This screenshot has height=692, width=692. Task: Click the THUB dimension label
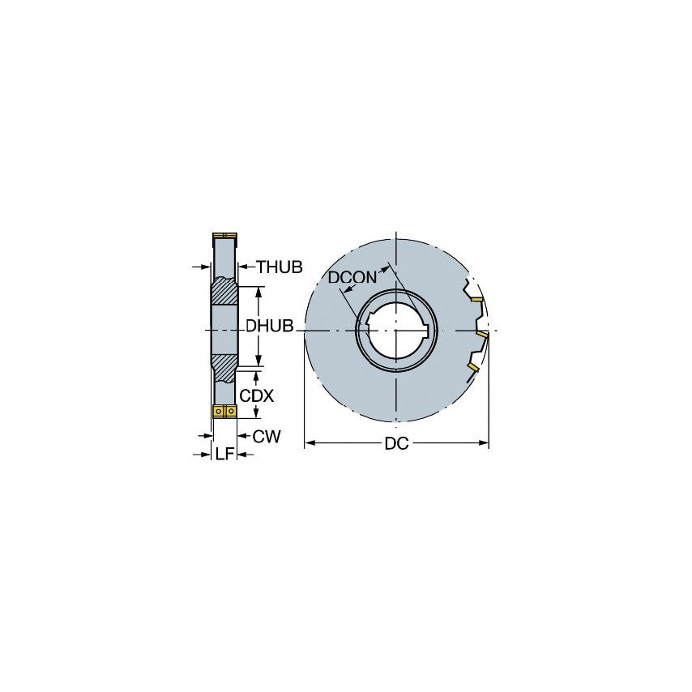tap(280, 266)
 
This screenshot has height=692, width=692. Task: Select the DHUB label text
tap(270, 327)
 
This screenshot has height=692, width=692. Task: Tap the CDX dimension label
tap(257, 396)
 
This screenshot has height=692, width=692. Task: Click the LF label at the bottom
tap(224, 455)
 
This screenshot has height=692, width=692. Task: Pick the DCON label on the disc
tap(352, 277)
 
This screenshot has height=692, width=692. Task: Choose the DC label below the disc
tap(396, 443)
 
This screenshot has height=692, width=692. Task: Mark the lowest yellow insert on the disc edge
tap(472, 367)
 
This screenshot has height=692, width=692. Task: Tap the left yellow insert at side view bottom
tap(218, 412)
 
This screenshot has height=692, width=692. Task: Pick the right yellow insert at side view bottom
tap(231, 412)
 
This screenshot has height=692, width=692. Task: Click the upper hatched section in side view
tap(224, 291)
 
